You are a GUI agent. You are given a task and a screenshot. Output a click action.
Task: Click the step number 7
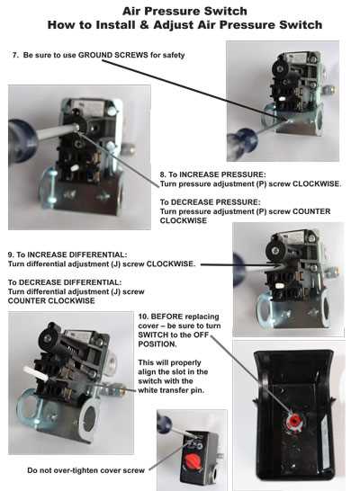(13, 56)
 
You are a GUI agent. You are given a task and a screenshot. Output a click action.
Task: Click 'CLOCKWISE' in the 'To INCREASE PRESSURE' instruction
(314, 183)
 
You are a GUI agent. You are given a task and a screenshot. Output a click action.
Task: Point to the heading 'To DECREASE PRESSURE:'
(203, 201)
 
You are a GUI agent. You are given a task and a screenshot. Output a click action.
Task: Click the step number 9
(12, 255)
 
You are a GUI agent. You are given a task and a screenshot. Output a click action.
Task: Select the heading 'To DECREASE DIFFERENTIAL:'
(60, 281)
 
